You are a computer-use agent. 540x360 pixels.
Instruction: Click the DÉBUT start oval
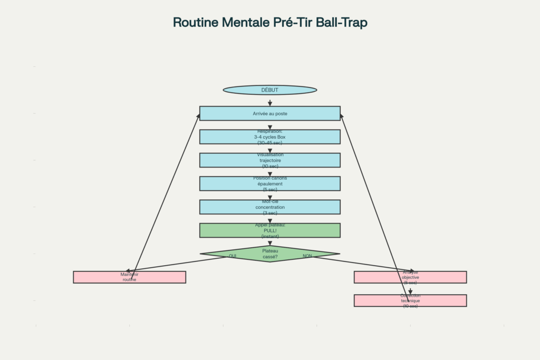pos(269,90)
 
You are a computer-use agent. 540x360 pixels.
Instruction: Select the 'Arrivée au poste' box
pos(269,113)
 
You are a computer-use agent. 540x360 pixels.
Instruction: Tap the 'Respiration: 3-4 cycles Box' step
pos(269,137)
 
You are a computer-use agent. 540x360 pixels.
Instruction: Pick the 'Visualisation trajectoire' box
pos(269,160)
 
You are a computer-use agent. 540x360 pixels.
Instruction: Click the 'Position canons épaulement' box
pos(269,183)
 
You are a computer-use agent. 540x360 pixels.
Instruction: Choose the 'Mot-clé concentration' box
pos(269,207)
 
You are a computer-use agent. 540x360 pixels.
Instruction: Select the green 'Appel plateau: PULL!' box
pos(269,230)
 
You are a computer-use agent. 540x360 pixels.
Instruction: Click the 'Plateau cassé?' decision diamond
pos(269,254)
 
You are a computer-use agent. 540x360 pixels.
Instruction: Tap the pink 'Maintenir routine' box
pos(129,277)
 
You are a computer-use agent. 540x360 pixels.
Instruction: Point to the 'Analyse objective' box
pos(410,277)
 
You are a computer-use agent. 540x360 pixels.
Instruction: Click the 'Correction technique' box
pos(410,300)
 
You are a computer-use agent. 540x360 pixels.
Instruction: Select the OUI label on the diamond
pos(233,256)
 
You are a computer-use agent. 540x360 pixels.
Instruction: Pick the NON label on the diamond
pos(307,256)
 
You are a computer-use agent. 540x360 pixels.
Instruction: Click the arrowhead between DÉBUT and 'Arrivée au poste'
pos(269,103)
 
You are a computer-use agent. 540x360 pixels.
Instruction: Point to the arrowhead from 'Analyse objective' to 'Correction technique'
pos(410,291)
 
